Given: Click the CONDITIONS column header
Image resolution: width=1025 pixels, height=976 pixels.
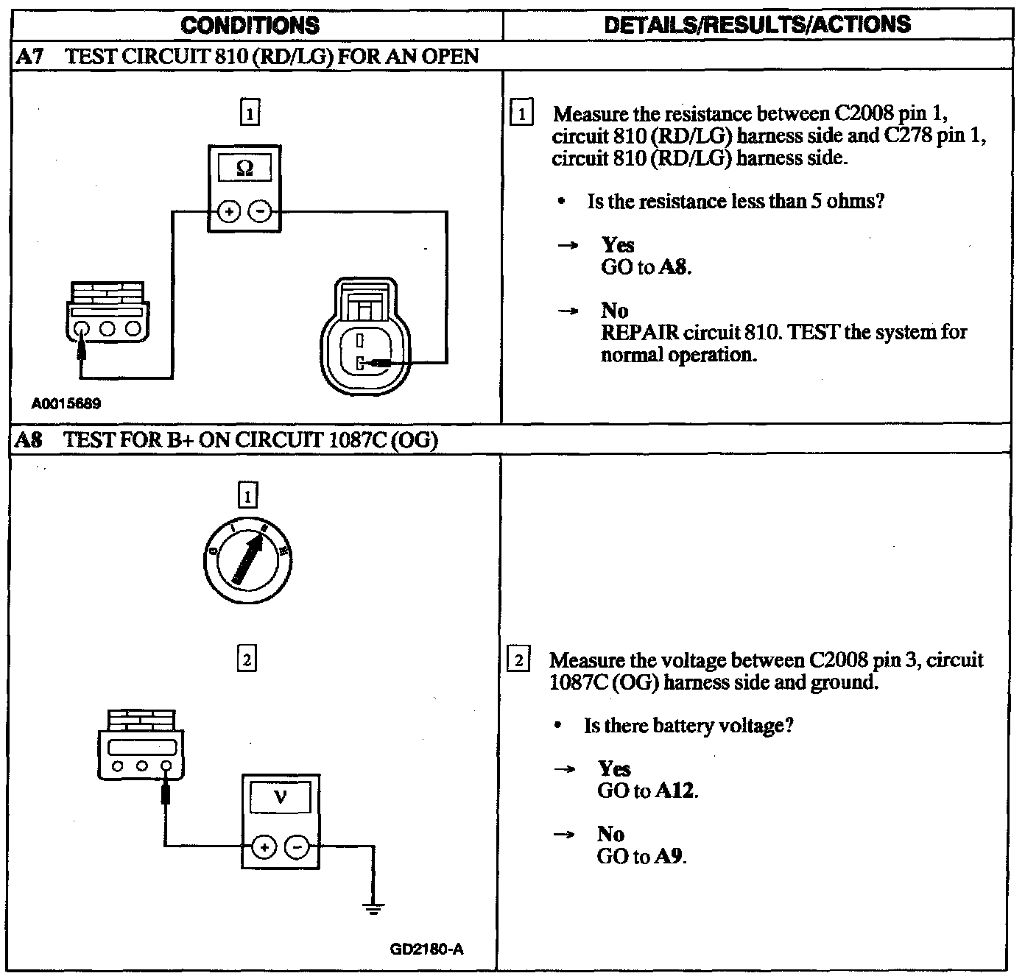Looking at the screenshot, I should point(250,25).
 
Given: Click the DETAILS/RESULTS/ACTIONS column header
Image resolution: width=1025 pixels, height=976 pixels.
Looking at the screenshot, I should point(757,25).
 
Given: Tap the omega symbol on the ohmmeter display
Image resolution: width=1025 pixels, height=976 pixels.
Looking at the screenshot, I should point(245,169).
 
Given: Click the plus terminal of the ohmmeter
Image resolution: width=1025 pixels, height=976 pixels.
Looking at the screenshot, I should point(229,212).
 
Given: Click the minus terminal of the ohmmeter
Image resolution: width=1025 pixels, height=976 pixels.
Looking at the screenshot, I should point(260,212).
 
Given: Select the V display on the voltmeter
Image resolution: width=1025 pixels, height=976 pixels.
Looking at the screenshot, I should point(280,797).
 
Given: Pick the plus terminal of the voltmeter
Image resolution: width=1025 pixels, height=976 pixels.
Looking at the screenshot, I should point(264,847).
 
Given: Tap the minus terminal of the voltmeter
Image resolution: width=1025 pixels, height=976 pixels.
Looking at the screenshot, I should point(297,847).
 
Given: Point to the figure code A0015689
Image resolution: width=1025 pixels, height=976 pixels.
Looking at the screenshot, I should point(66,403).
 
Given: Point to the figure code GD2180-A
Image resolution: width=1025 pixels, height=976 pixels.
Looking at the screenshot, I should point(426,949).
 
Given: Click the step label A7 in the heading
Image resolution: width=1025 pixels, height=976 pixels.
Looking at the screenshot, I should point(30,57).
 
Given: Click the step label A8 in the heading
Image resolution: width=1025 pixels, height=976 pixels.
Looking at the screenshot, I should point(30,440).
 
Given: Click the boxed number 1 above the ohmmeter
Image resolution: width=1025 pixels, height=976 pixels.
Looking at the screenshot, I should point(250,113).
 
